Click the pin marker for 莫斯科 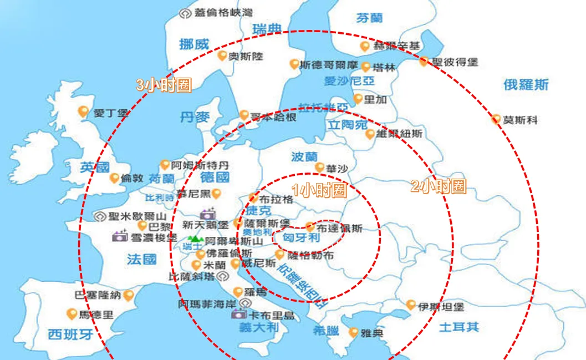pyautogui.click(x=496, y=118)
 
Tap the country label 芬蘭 pyautogui.click(x=369, y=18)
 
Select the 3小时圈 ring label pyautogui.click(x=164, y=85)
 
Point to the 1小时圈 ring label pyautogui.click(x=319, y=190)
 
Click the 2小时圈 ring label pyautogui.click(x=438, y=186)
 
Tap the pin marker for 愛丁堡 pyautogui.click(x=84, y=111)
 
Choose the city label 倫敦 pyautogui.click(x=133, y=179)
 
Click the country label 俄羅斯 pyautogui.click(x=526, y=84)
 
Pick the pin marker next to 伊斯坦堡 pyautogui.click(x=411, y=305)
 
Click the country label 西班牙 pyautogui.click(x=70, y=334)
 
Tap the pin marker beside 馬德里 pyautogui.click(x=72, y=314)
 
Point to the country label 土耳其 pyautogui.click(x=458, y=326)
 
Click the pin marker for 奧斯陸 pyautogui.click(x=222, y=55)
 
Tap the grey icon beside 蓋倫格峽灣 pyautogui.click(x=185, y=12)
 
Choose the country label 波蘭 pyautogui.click(x=304, y=157)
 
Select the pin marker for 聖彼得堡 pyautogui.click(x=424, y=61)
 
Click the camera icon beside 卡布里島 pyautogui.click(x=238, y=315)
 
